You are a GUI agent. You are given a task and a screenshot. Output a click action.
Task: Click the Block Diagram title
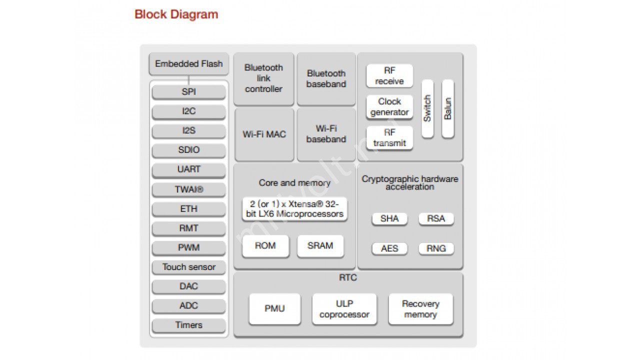[176, 14]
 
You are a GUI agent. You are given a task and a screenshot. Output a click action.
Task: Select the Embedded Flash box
[188, 64]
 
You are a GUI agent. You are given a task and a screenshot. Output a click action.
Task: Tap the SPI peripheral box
[188, 92]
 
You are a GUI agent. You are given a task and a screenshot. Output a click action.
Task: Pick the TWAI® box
[188, 189]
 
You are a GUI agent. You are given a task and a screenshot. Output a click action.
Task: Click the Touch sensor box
[188, 267]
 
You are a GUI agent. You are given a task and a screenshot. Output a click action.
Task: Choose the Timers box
[188, 325]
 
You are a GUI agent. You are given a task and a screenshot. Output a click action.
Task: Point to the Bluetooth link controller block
[263, 78]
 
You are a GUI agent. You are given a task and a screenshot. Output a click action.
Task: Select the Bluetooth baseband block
[326, 79]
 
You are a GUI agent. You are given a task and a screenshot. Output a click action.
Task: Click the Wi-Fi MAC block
[264, 134]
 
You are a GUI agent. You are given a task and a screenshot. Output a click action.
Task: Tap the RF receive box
[389, 76]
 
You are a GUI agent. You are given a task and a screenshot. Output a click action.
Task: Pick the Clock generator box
[389, 107]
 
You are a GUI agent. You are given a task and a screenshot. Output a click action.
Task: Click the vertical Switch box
[427, 108]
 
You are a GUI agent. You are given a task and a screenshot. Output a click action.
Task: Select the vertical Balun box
[448, 108]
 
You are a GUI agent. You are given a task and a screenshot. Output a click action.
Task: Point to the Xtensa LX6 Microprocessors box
[294, 209]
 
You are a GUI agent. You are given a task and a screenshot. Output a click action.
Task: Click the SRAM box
[320, 246]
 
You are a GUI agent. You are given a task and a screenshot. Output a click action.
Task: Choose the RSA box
[436, 218]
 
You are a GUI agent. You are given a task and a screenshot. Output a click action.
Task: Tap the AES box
[389, 248]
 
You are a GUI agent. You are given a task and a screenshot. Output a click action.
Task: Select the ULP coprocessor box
[344, 309]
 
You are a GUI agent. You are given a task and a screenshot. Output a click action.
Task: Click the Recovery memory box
[420, 309]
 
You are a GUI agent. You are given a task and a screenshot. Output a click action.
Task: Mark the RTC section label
[348, 277]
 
